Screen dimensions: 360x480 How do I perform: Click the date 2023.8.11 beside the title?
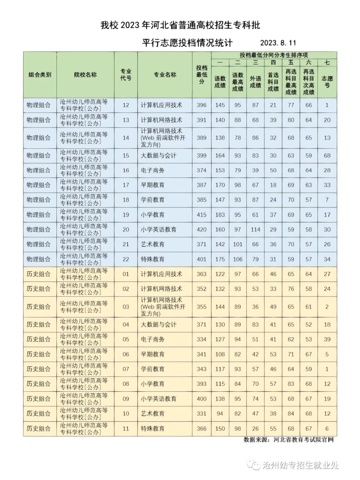point(278,43)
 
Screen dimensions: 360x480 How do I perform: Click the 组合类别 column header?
point(40,75)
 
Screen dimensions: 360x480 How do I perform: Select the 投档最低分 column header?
point(202,75)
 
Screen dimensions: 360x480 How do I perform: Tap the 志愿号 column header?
point(327,82)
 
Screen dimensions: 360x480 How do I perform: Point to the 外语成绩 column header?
point(255,82)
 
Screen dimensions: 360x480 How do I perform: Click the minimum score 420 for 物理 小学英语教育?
point(202,230)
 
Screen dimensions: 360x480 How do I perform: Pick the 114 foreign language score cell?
point(255,230)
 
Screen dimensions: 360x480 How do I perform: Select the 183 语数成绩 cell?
point(220,215)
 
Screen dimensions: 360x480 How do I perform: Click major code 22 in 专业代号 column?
point(126,259)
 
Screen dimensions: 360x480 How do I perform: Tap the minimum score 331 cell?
point(202,414)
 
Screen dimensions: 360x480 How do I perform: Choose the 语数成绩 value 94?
point(220,414)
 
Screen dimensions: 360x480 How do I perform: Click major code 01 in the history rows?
point(126,274)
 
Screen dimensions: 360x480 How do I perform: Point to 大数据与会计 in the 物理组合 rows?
point(159,156)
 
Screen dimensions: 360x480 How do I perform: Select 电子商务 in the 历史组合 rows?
point(153,339)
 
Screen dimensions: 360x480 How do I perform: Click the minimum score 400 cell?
point(202,399)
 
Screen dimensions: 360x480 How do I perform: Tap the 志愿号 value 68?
point(327,156)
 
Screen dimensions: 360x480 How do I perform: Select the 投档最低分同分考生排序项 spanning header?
point(274,55)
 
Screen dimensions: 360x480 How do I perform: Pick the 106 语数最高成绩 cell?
point(238,259)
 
